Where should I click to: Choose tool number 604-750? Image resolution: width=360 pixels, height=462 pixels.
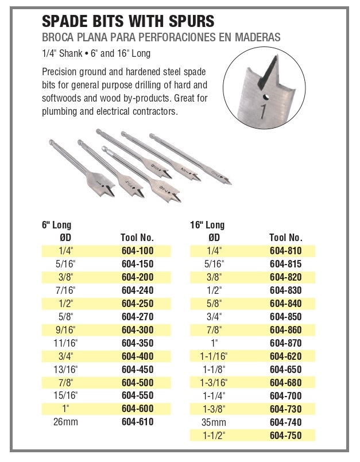click(285, 435)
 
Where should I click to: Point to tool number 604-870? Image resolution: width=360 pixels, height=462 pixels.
click(285, 343)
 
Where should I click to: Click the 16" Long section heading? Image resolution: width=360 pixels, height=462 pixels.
click(207, 226)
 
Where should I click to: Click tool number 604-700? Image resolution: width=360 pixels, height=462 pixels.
click(285, 395)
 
